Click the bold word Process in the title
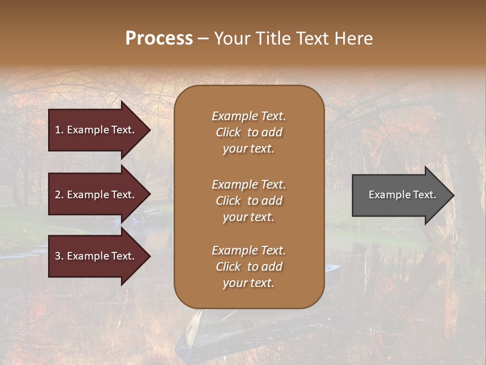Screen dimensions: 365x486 coord(159,38)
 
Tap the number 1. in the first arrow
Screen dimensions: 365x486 coord(59,130)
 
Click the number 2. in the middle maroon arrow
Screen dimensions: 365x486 coord(59,195)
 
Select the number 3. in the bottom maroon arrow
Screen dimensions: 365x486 coord(59,256)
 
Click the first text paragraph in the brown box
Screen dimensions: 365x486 coord(249,132)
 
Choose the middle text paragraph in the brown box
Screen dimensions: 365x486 coord(249,201)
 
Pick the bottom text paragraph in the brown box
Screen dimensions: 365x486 coord(249,267)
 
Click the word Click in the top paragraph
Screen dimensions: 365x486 coord(228,132)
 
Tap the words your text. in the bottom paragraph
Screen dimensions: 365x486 coord(249,283)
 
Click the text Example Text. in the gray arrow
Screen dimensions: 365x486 coord(402,195)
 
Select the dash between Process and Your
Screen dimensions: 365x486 coord(203,39)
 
